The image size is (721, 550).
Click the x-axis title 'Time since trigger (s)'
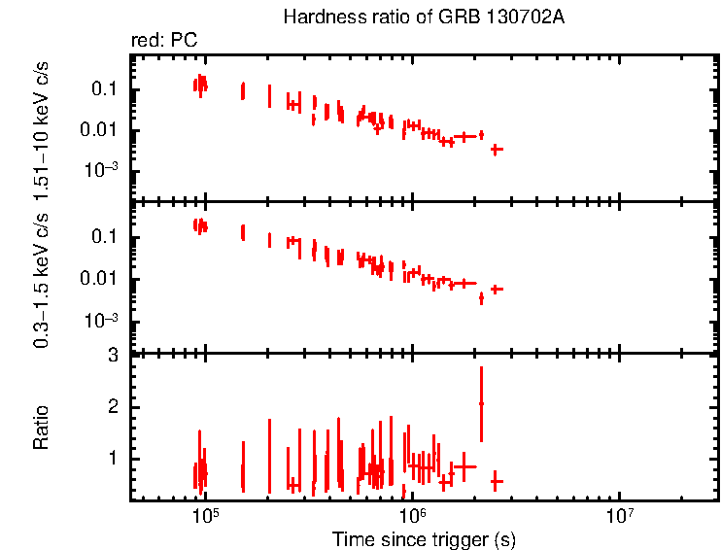pos(423,538)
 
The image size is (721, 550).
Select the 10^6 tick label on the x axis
pos(412,516)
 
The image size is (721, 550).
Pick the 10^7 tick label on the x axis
pos(619,516)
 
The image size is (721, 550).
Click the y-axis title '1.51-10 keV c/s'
pos(42,126)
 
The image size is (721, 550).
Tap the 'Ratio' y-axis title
pos(42,428)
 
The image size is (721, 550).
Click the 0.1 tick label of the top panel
pos(104,89)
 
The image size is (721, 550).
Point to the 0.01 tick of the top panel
pos(100,130)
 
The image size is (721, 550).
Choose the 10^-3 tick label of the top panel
pos(100,171)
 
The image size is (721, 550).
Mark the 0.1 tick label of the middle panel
pos(104,238)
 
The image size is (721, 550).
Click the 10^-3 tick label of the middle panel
pos(100,321)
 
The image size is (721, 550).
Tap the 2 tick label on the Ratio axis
pos(113,406)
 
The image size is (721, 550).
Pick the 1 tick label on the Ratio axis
pos(113,458)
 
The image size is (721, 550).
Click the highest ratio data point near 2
pos(481,403)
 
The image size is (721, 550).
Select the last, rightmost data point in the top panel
pos(497,149)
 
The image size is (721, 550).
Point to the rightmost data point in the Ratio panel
pos(497,481)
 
